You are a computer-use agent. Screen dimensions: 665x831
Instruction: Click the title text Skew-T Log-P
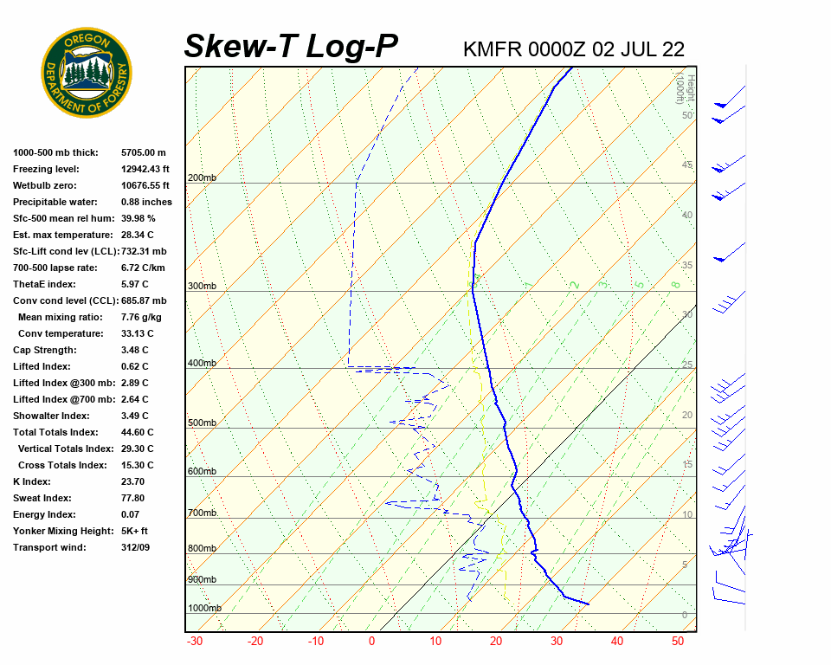click(x=291, y=46)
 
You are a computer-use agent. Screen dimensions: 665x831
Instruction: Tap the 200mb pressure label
click(x=202, y=178)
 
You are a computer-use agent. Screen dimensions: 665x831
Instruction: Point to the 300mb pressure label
click(x=202, y=287)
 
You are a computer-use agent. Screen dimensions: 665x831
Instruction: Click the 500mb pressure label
click(x=202, y=423)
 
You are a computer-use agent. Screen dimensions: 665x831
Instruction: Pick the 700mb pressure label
click(x=202, y=513)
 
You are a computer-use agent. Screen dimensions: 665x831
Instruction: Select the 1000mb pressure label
click(x=204, y=609)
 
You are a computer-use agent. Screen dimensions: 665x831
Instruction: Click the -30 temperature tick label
click(x=195, y=642)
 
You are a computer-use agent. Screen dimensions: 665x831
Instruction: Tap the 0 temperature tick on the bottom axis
click(x=372, y=642)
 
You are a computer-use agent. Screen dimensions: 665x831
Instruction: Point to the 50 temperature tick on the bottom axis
click(x=678, y=642)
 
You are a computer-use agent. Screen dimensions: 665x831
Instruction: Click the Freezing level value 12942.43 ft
click(x=145, y=169)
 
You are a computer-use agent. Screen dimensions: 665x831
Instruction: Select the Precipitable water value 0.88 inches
click(x=146, y=202)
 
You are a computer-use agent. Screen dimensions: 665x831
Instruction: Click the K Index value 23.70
click(x=133, y=481)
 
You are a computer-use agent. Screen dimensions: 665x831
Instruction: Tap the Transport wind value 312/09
click(x=135, y=547)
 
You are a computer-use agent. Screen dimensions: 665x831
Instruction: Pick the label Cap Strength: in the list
click(x=45, y=350)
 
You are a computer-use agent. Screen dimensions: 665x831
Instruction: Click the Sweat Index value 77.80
click(x=133, y=498)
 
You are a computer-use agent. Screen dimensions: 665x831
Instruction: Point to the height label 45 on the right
click(x=687, y=165)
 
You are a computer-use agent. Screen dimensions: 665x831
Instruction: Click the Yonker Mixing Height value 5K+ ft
click(x=134, y=531)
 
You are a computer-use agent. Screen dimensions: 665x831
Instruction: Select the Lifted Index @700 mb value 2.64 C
click(x=134, y=399)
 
